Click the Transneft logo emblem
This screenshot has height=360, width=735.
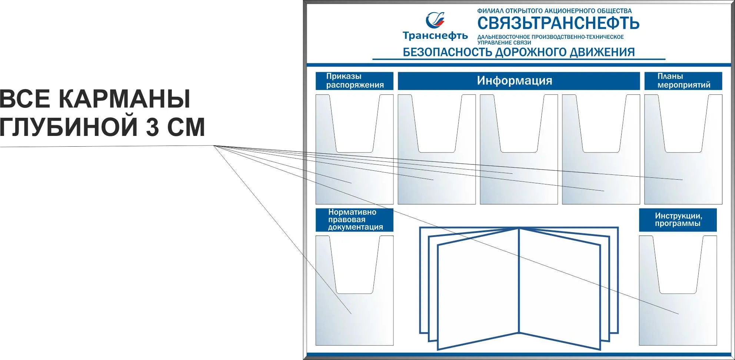[435, 20]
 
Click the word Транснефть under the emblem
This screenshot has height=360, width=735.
[435, 36]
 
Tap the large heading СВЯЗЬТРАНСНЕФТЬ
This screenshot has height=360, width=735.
[558, 23]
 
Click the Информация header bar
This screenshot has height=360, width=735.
[519, 81]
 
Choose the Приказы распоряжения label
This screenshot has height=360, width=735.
[355, 81]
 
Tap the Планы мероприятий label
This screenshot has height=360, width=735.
[683, 81]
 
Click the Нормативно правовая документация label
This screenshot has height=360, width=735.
[355, 220]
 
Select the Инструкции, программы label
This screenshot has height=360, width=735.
[678, 220]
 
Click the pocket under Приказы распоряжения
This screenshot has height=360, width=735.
[355, 149]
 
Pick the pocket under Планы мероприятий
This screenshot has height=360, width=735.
[683, 149]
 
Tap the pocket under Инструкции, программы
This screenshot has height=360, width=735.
[678, 290]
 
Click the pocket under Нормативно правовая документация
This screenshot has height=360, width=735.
[355, 290]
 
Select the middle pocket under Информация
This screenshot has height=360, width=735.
[519, 149]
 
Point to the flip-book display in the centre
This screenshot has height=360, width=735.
[519, 288]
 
